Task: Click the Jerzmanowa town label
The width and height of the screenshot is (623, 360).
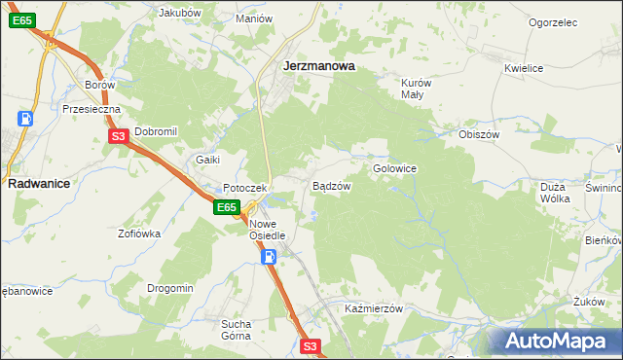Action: [317, 66]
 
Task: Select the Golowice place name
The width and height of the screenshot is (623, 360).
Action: [394, 168]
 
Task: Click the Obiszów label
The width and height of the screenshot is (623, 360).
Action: [479, 134]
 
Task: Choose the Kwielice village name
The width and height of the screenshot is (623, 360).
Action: [524, 68]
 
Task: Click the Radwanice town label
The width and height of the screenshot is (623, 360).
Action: [37, 182]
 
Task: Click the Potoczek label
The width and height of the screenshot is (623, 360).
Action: [243, 188]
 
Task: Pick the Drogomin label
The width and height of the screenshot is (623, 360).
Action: [170, 288]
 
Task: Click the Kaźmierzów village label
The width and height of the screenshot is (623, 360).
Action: [374, 308]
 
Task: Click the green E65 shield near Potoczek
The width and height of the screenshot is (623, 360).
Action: [227, 207]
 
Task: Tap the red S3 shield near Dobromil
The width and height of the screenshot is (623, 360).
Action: [118, 137]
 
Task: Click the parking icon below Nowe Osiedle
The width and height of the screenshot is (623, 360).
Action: [270, 257]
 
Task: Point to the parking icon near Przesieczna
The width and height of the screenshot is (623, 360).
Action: [25, 119]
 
